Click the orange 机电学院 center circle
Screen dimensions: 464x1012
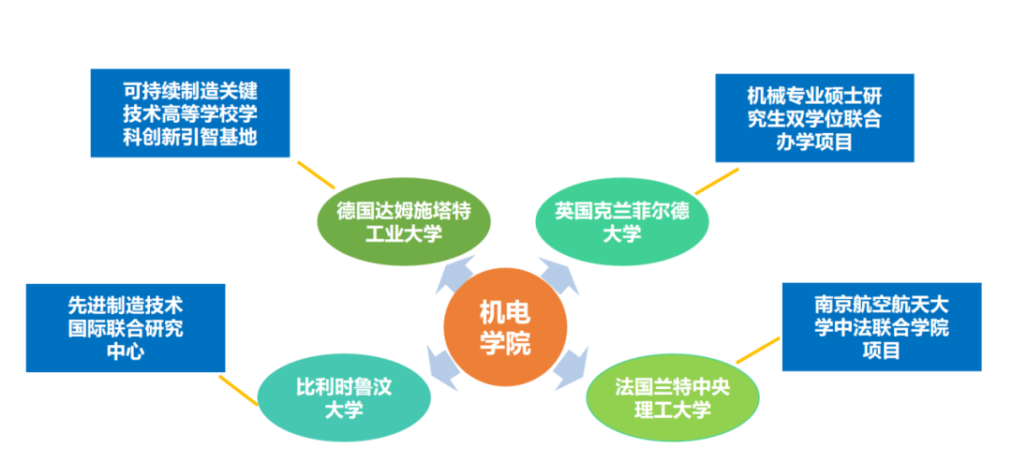point(505,329)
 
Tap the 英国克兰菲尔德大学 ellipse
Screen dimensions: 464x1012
point(621,223)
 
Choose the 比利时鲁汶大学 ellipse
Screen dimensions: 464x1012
point(344,398)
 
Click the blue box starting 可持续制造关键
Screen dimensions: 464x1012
point(189,113)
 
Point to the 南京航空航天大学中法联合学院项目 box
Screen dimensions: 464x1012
point(881,327)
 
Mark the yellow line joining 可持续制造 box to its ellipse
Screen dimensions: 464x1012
point(316,174)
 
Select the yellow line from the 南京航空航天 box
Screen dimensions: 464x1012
point(760,351)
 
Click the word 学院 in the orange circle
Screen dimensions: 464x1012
point(505,344)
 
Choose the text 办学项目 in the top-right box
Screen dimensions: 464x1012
point(813,143)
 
